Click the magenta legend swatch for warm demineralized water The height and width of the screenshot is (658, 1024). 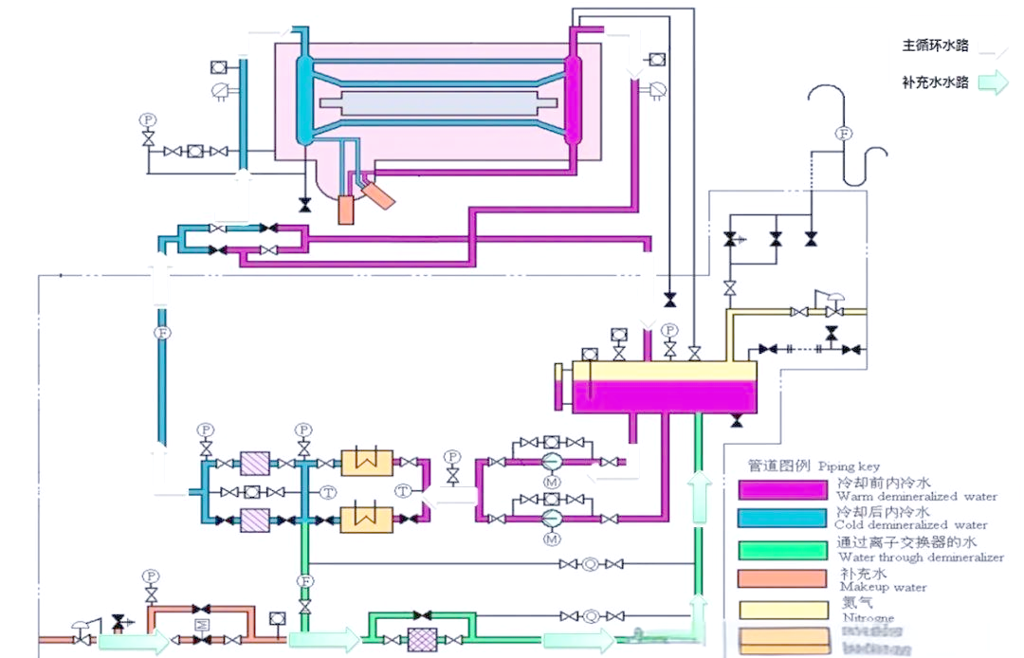click(x=782, y=488)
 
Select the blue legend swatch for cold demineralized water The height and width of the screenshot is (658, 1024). click(x=782, y=519)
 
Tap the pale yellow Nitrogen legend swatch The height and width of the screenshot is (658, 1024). click(x=782, y=610)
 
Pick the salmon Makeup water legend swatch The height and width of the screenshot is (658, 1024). click(x=782, y=579)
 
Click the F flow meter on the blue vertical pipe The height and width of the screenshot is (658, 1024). click(x=161, y=333)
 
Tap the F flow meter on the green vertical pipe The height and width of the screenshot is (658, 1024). click(x=304, y=580)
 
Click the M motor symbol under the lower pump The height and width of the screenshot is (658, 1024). click(x=552, y=539)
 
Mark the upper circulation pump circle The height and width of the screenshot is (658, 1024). click(x=552, y=462)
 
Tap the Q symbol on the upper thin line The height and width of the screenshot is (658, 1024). click(x=590, y=564)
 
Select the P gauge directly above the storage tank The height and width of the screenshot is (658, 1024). click(x=670, y=330)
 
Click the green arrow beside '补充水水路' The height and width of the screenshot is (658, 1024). click(x=993, y=83)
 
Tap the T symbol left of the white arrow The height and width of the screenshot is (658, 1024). click(x=403, y=490)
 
